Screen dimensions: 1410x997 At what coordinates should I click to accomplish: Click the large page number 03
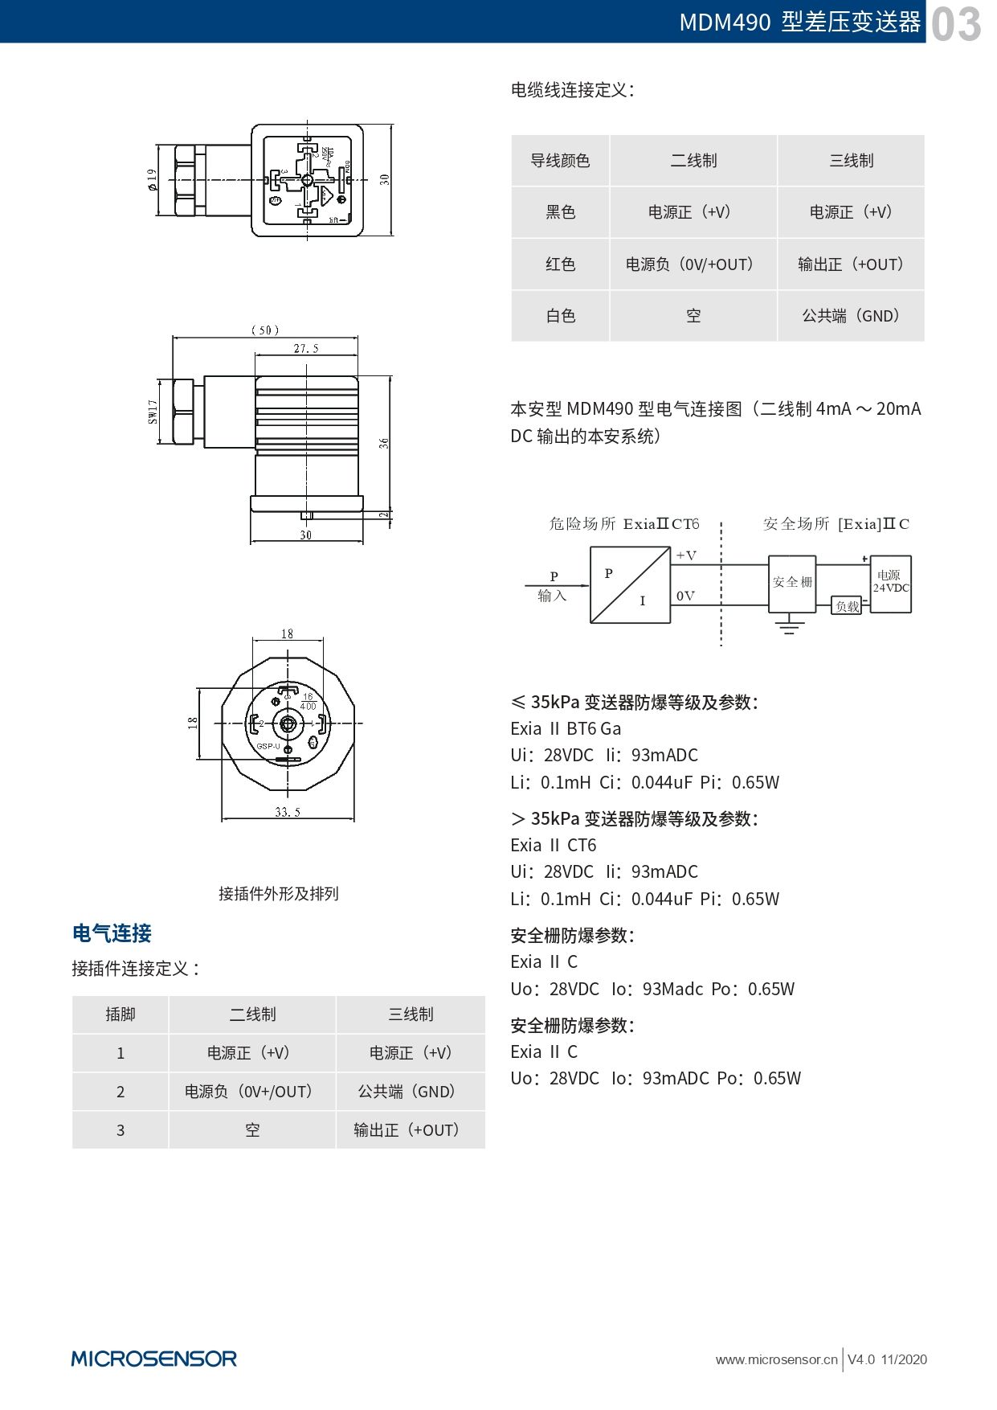tap(956, 23)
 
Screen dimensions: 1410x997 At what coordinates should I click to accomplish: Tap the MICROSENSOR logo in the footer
tap(153, 1359)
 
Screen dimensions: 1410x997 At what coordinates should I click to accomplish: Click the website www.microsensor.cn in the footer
tap(776, 1359)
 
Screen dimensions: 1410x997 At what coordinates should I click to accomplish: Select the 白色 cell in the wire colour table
tap(560, 316)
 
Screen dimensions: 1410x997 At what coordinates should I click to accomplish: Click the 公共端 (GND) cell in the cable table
tap(851, 316)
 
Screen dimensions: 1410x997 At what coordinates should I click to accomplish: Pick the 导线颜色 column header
tap(560, 161)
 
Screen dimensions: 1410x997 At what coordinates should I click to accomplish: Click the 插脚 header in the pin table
tap(121, 1014)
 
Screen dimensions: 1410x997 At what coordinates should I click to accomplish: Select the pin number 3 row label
tap(121, 1130)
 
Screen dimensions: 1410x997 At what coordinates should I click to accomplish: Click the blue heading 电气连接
tap(112, 933)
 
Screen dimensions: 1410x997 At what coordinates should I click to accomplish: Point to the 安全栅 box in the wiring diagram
tap(792, 581)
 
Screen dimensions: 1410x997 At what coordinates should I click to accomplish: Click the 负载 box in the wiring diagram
tap(847, 606)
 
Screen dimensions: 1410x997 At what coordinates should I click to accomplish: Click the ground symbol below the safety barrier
tap(790, 625)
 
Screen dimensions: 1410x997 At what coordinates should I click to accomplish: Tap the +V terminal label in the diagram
tap(686, 555)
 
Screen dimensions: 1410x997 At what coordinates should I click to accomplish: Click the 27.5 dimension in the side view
tap(306, 349)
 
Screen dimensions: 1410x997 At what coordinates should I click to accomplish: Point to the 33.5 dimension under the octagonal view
tap(288, 812)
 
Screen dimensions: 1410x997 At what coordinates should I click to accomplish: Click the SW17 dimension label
tap(153, 412)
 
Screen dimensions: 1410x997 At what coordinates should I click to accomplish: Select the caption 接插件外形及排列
tap(279, 894)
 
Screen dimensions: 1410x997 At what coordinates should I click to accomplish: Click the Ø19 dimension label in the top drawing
tap(152, 179)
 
